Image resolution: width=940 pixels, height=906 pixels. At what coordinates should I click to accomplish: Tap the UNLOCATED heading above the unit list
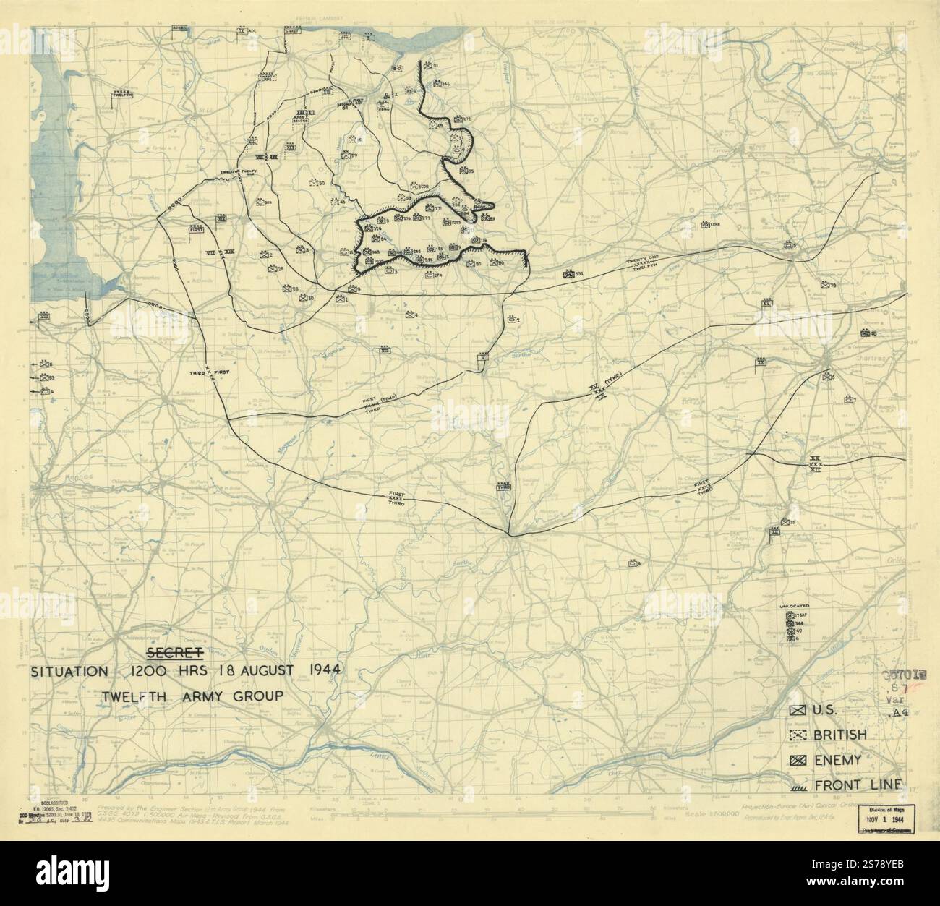794,604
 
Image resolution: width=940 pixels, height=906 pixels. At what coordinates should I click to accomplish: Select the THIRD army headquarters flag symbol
503,488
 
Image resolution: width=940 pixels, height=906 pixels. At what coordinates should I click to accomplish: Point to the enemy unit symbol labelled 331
571,274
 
